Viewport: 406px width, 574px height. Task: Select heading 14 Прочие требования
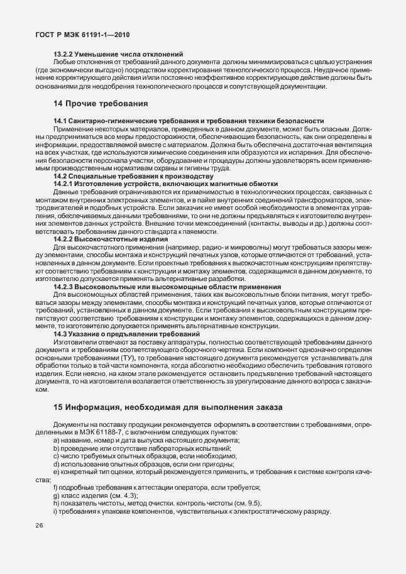pos(101,103)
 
